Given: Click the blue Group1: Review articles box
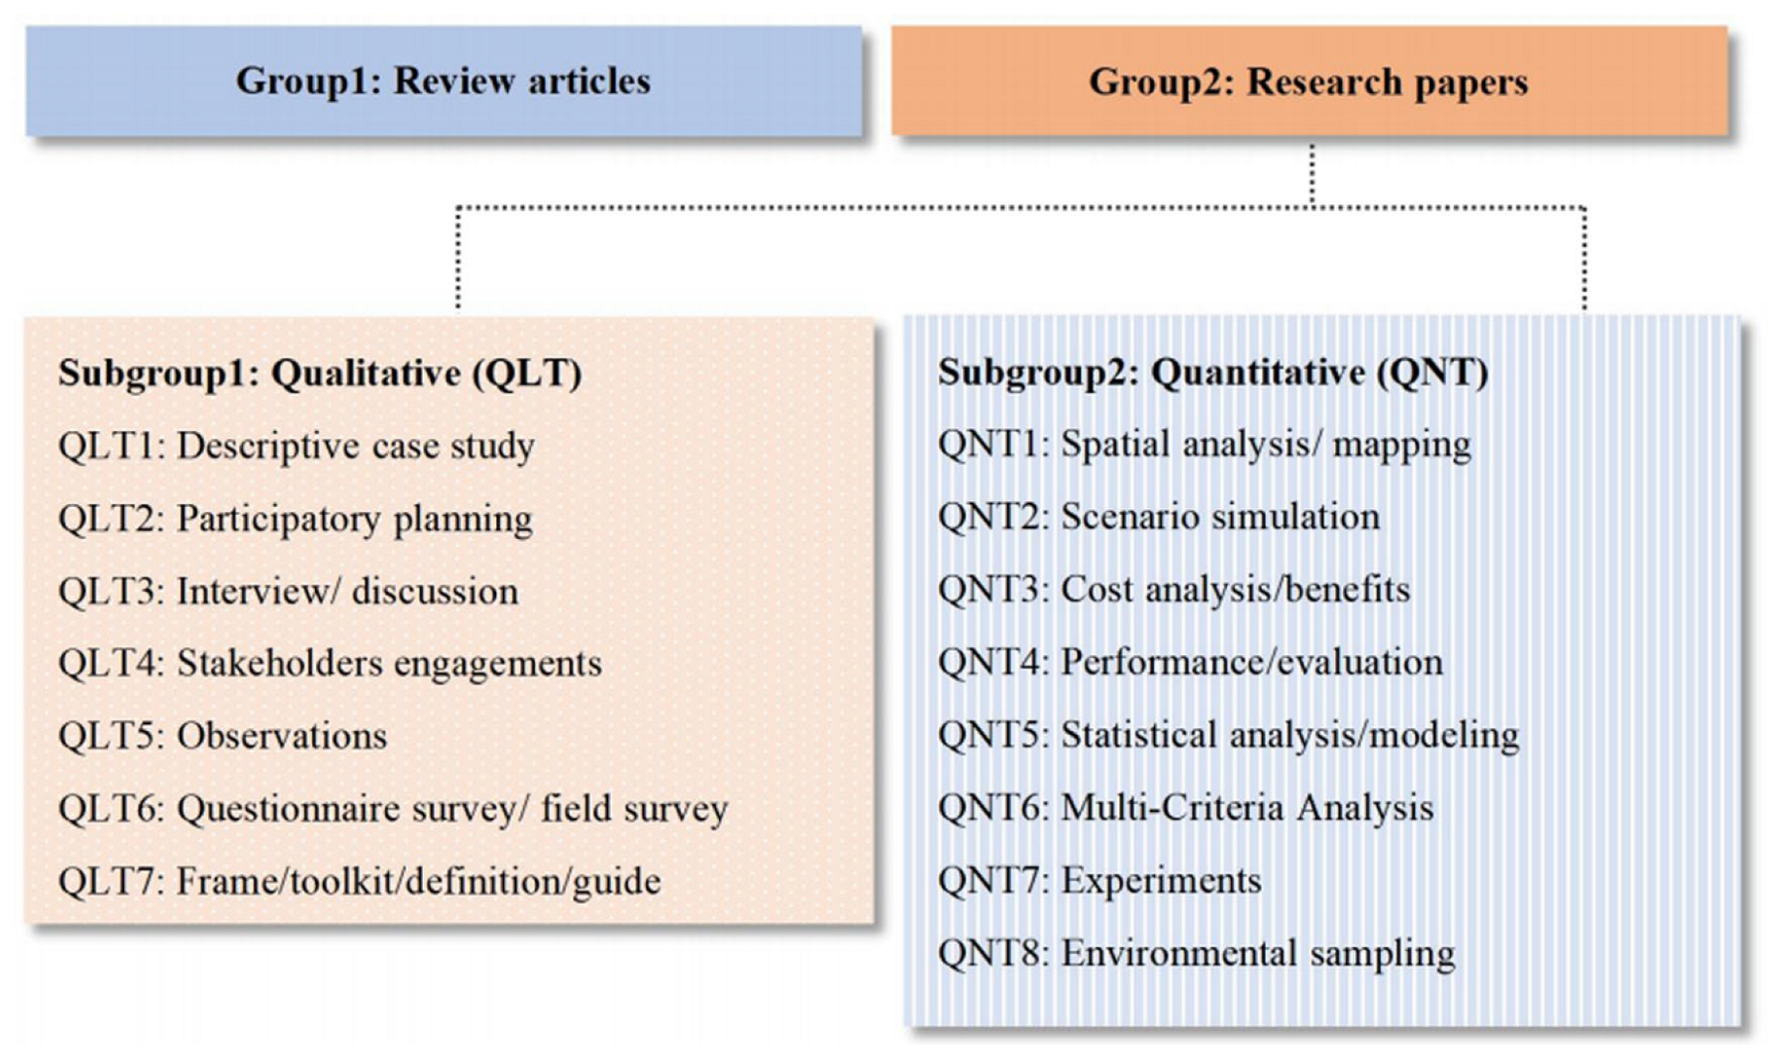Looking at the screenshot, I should pos(444,81).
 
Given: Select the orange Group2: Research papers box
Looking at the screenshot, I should pos(1309,81).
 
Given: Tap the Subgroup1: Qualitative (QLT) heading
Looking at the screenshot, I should pos(320,374).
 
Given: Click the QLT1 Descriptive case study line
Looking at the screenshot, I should pos(296,446).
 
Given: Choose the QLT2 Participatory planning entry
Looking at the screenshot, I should pos(295,519).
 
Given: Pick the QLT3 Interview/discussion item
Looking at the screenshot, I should pos(288,592).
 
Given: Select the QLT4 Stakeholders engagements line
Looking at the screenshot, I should pos(330,664).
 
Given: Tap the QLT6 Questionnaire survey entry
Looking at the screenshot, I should pos(393,809).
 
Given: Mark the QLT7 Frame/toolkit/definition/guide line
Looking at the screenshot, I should pos(359,881).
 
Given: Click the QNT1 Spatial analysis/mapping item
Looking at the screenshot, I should pos(1204,445).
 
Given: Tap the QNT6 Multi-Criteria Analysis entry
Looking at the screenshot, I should pos(1185,808).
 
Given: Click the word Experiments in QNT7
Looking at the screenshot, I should pos(1161,881).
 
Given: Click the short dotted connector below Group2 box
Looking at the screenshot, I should pos(1312,174).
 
